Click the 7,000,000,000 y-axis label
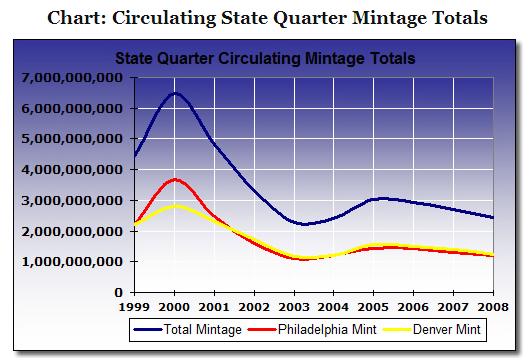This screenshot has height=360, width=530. click(72, 78)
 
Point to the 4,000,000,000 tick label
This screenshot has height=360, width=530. click(72, 170)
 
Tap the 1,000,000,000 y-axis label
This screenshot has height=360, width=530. click(72, 262)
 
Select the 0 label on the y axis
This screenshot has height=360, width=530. click(118, 292)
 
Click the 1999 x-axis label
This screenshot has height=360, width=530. click(135, 307)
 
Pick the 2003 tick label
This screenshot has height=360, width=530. click(294, 307)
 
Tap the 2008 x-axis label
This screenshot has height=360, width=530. click(493, 307)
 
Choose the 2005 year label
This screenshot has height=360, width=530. click(374, 307)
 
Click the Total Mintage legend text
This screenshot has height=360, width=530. click(203, 329)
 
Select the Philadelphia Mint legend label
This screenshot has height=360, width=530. click(327, 329)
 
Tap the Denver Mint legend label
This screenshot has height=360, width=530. click(447, 329)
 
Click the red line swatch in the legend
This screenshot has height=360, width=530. click(262, 329)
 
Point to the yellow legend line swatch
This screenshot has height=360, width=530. click(398, 329)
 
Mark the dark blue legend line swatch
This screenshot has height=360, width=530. click(148, 329)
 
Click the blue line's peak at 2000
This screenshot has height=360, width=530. click(175, 93)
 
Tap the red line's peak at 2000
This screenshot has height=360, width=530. click(175, 180)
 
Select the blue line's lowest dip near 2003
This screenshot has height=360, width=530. click(304, 224)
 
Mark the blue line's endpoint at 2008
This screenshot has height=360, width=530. click(493, 218)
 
